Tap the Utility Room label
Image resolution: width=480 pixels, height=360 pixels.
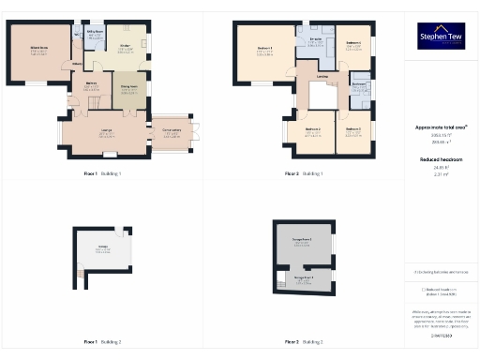[x=96, y=31]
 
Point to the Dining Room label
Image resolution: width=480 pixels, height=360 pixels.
[x=129, y=88]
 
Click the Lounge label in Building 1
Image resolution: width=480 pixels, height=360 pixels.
[x=106, y=131]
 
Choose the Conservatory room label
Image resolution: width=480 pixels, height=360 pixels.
[x=172, y=131]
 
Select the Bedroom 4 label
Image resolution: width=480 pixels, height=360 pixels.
[x=353, y=42]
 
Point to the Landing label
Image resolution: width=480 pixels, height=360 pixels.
[x=322, y=77]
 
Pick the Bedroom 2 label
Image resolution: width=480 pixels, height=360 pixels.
[x=313, y=128]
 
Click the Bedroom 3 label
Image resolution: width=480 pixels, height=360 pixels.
[x=353, y=128]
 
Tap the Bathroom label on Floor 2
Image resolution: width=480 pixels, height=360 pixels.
[x=359, y=83]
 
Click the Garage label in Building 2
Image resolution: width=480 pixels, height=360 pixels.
[x=103, y=247]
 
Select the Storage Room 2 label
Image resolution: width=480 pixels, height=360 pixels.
[x=303, y=241]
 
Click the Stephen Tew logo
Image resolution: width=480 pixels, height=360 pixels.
[x=440, y=37]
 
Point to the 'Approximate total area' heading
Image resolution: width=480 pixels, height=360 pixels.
[x=441, y=127]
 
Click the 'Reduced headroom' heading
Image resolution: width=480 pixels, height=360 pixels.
[x=440, y=160]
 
